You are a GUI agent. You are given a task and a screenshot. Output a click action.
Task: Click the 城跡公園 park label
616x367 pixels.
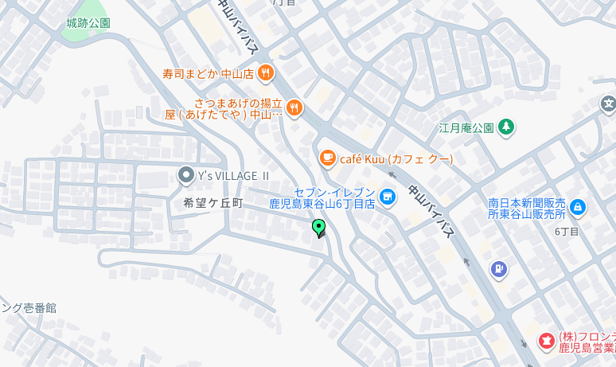(x=88, y=23)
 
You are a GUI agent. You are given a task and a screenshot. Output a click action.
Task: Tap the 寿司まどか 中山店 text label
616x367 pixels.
(x=208, y=74)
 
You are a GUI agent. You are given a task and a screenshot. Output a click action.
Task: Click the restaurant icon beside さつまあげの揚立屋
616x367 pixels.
(x=294, y=108)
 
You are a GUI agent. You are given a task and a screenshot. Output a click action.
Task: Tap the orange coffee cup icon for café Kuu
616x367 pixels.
(x=326, y=159)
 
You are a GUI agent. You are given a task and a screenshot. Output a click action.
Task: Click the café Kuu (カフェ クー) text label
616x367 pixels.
(x=396, y=159)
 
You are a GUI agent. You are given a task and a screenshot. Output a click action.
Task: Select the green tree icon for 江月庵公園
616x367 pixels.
(x=505, y=127)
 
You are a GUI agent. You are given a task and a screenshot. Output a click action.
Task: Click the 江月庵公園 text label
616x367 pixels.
(x=466, y=127)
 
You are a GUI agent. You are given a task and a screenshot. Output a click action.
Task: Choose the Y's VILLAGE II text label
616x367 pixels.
(x=234, y=175)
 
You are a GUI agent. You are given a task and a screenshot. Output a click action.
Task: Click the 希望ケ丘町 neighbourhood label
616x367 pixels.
(x=212, y=203)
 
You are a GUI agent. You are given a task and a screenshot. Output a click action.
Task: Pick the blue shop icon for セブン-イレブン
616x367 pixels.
(x=388, y=195)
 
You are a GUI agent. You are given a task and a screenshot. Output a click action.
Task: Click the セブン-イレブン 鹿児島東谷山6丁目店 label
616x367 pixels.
(x=322, y=198)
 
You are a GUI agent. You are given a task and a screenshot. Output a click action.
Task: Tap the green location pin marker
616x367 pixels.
(x=319, y=228)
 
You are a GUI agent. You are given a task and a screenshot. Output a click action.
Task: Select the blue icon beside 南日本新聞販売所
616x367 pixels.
(x=578, y=208)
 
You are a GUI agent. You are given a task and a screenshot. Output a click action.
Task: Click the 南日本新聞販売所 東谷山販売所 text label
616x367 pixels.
(x=527, y=209)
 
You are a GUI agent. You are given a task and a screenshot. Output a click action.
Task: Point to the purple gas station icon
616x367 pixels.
(x=499, y=270)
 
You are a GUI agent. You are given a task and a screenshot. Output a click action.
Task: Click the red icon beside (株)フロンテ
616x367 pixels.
(x=546, y=342)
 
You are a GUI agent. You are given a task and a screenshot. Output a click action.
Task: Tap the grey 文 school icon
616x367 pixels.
(x=608, y=103)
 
